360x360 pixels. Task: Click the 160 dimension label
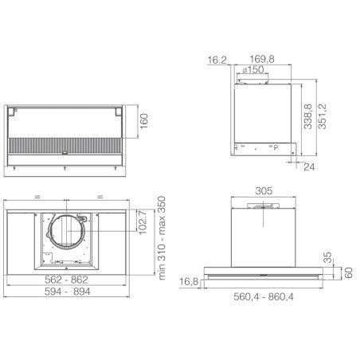click(144, 121)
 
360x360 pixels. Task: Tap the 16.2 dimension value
click(217, 60)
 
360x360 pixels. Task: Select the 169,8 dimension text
click(262, 59)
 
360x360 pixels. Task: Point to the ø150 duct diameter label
click(253, 69)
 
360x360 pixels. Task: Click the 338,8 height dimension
click(308, 116)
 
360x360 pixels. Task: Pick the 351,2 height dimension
click(322, 116)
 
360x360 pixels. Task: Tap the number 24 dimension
click(309, 167)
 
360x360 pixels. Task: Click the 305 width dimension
click(264, 191)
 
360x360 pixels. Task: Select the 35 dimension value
click(328, 257)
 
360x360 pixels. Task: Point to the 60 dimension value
click(348, 273)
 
